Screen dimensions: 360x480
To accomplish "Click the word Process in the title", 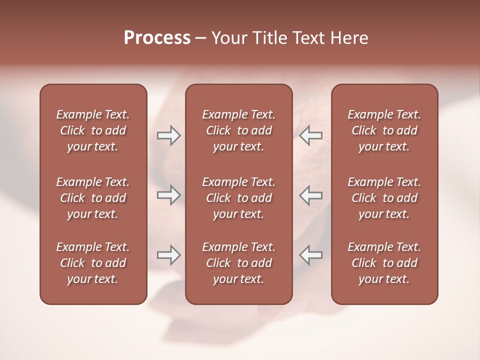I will [x=157, y=38].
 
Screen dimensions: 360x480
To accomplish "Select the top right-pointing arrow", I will [x=168, y=135].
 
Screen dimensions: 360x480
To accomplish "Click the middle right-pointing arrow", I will [x=168, y=195].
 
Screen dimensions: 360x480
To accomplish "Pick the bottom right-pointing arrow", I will [x=168, y=255].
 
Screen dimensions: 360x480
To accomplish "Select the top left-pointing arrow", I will [x=310, y=135].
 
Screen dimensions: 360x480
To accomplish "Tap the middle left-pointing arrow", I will [x=310, y=195].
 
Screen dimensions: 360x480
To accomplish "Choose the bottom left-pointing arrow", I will [x=310, y=255].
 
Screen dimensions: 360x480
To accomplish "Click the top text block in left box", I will [x=93, y=130].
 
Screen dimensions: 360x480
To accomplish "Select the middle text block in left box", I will [x=93, y=198].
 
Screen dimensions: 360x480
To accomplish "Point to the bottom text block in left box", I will [x=93, y=263].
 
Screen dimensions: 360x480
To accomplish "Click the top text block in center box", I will [x=238, y=130].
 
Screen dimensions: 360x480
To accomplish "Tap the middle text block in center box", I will [x=238, y=198].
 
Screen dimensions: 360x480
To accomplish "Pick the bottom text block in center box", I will [x=238, y=263].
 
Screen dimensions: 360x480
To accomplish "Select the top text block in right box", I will [x=384, y=130].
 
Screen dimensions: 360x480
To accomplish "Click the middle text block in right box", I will [x=384, y=198].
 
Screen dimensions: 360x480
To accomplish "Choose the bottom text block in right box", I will [x=384, y=263].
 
